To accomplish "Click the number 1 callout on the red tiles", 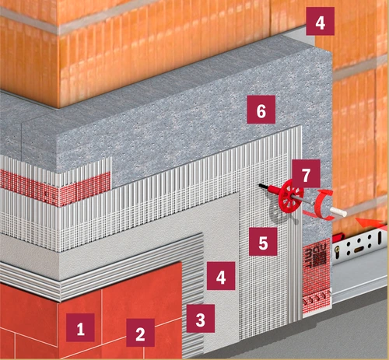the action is [x=80, y=327].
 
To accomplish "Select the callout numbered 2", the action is [x=140, y=333].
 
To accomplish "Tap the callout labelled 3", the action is [x=201, y=318].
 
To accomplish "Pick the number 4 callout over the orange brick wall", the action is [x=320, y=21].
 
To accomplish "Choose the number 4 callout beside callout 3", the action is [x=221, y=276].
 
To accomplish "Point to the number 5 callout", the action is [x=263, y=242].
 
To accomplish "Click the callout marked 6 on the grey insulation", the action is [x=261, y=110].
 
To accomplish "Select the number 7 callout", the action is [x=306, y=173].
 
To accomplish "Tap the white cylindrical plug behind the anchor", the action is [x=338, y=212].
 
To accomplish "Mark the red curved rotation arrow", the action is [x=324, y=205].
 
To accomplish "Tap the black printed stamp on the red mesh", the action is [x=316, y=257].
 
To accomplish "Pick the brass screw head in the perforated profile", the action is [x=337, y=250].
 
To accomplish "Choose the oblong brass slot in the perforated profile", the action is [x=359, y=250].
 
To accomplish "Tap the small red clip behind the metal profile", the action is [x=338, y=238].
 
